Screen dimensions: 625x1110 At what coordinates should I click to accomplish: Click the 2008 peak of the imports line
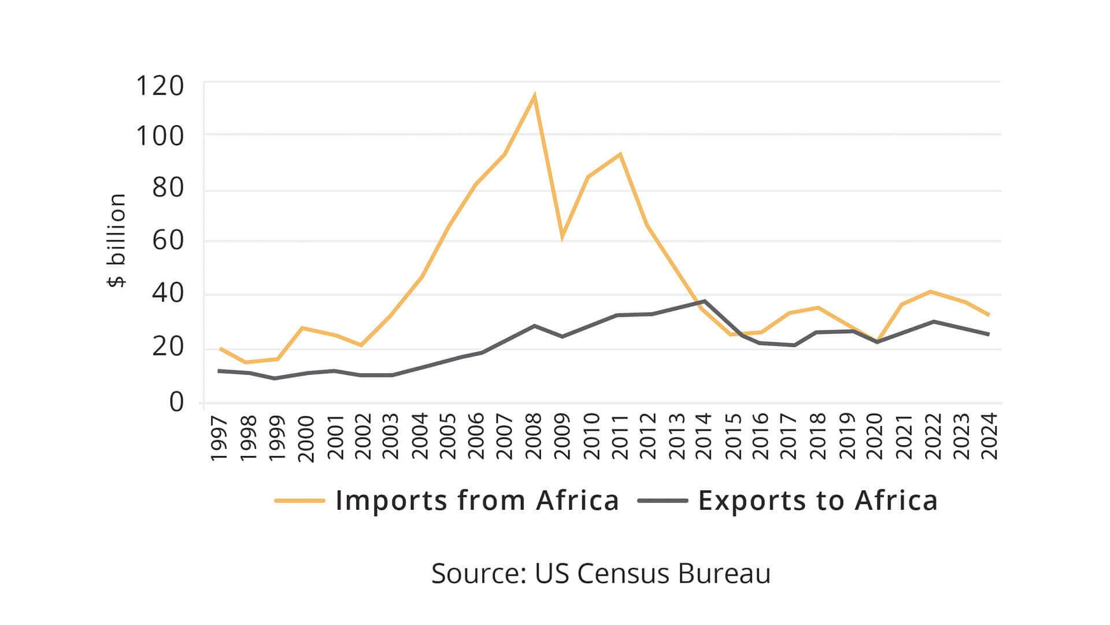pos(535,96)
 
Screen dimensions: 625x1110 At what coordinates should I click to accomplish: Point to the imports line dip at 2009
pos(562,236)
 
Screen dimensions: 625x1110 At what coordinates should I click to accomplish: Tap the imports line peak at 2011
pos(620,155)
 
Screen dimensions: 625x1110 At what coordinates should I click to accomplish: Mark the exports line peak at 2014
pos(704,302)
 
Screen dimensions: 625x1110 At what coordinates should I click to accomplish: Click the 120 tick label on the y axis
pos(160,86)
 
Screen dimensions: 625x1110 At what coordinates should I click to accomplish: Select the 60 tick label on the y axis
pos(168,240)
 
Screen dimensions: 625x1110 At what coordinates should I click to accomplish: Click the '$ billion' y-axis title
pos(117,240)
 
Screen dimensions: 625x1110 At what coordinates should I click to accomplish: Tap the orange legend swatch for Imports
pos(299,501)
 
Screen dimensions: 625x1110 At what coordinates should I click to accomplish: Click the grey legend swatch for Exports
pos(663,501)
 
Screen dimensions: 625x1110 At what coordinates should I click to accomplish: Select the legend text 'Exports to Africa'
pos(817,501)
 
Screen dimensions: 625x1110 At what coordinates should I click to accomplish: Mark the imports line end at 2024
pos(989,315)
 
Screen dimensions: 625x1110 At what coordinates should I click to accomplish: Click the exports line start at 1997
pos(219,370)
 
